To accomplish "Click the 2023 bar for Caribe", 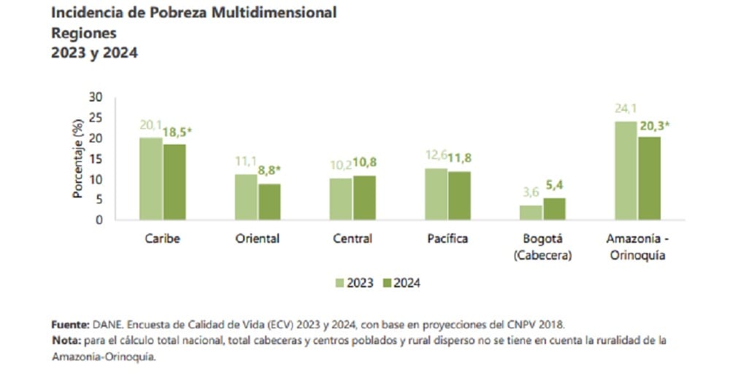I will pos(151,179).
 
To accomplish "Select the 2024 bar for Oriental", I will pos(269,201).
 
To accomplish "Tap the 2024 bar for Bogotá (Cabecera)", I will pos(554,209).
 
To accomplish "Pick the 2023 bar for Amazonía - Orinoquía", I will pos(626,171).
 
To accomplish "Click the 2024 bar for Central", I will pos(364,197).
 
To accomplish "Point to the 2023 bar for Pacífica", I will pos(436,194).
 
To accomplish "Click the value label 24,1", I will pos(626,109).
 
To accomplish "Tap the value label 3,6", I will pos(530,193).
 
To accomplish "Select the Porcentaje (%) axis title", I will pos(77,159).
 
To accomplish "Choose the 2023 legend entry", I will pos(356,283).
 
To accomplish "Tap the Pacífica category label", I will pos(447,238).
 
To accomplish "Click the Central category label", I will pos(352,238).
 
